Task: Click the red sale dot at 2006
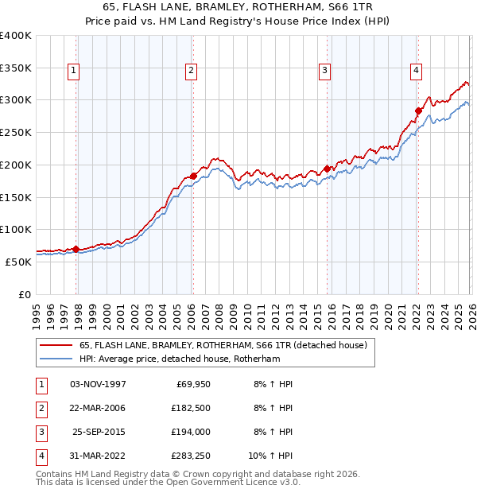pyautogui.click(x=193, y=176)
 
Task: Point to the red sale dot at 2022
pyautogui.click(x=418, y=111)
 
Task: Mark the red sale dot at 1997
pyautogui.click(x=76, y=249)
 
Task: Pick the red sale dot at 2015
pyautogui.click(x=327, y=169)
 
